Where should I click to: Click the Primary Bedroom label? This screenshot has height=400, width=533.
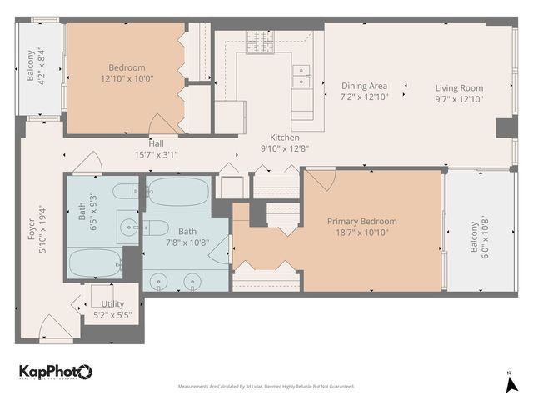[361, 221]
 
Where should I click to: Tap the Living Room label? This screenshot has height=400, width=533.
[459, 87]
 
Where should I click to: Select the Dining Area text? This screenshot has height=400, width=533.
[365, 86]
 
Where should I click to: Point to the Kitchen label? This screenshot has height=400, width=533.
[284, 137]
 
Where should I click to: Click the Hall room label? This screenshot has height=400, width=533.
[157, 142]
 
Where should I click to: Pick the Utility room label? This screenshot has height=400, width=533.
[112, 304]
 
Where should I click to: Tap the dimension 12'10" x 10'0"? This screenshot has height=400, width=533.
[126, 79]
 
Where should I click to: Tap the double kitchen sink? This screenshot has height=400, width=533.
[301, 76]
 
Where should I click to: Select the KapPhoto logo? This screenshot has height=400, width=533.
[55, 372]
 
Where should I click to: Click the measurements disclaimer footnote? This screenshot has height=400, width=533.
[266, 386]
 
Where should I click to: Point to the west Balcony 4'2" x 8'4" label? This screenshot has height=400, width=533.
[36, 67]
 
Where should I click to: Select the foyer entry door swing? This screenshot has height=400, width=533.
[56, 327]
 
